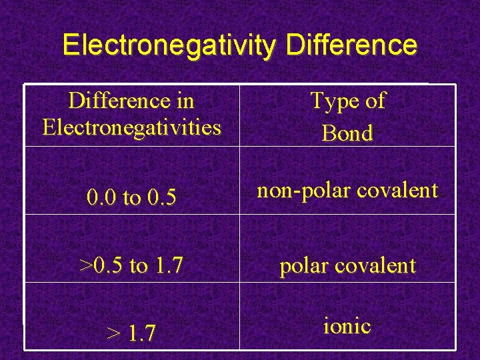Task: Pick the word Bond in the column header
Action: pyautogui.click(x=347, y=133)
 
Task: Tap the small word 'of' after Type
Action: pyautogui.click(x=375, y=101)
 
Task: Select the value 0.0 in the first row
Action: pyautogui.click(x=101, y=198)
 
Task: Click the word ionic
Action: pyautogui.click(x=347, y=326)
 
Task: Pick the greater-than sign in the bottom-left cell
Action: pyautogui.click(x=113, y=333)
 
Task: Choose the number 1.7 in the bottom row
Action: pyautogui.click(x=142, y=333)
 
